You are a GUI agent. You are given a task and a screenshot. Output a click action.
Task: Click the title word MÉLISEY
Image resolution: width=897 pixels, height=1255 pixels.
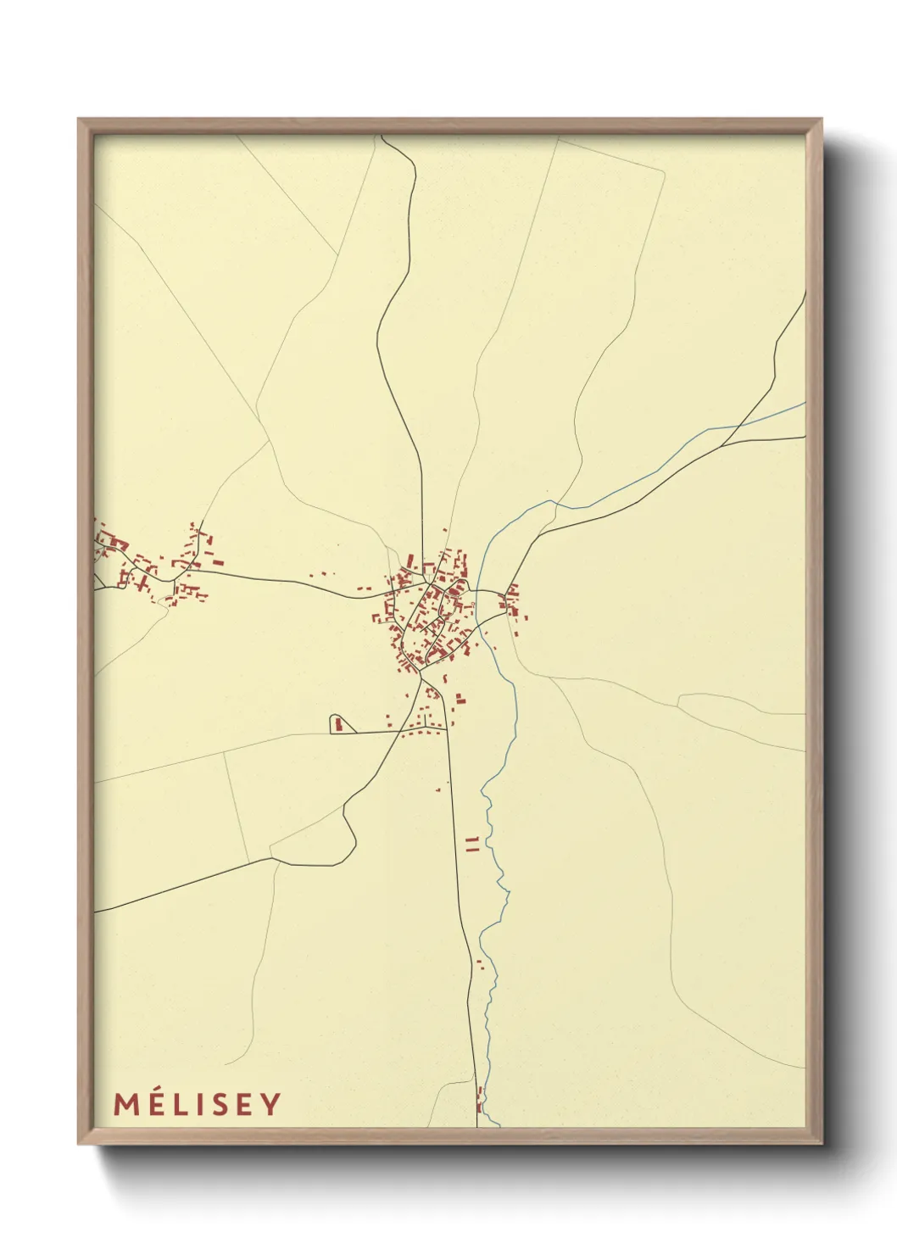pyautogui.click(x=197, y=1104)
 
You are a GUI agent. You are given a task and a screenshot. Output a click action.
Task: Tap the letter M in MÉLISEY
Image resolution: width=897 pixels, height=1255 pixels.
pyautogui.click(x=125, y=1104)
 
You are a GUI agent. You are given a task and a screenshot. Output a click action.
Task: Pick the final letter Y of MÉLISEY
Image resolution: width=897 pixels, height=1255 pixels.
pyautogui.click(x=271, y=1104)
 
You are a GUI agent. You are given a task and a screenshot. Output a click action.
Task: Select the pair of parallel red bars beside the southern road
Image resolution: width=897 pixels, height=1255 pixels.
pyautogui.click(x=473, y=843)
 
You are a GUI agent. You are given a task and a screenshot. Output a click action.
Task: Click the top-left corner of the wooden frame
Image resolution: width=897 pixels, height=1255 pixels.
pyautogui.click(x=80, y=120)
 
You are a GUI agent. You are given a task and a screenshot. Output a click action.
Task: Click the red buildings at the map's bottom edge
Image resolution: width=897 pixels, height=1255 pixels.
pyautogui.click(x=480, y=1100)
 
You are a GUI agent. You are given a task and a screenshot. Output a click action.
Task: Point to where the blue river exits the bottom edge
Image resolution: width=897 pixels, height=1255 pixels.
pyautogui.click(x=498, y=1125)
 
